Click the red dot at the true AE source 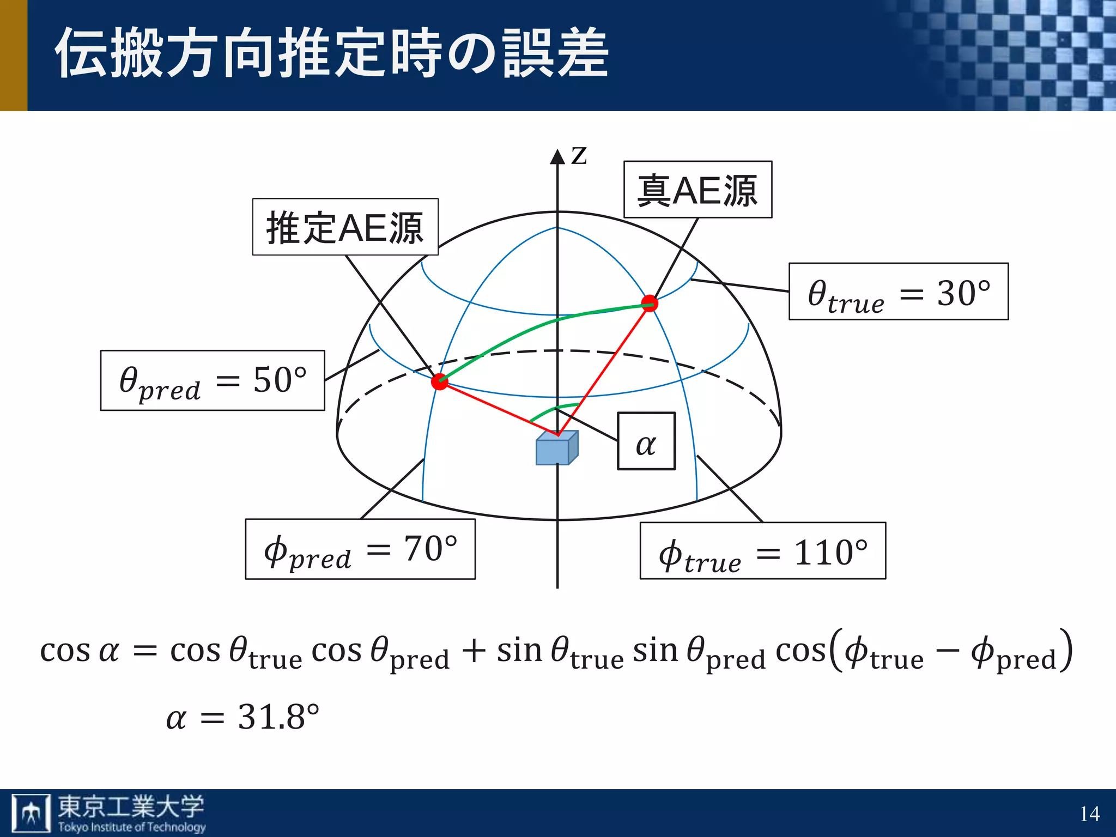649,303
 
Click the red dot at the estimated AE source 440,381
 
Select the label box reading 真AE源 697,190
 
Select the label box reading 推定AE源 345,227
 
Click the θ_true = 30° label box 898,292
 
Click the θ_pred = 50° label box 213,380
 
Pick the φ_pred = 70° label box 360,549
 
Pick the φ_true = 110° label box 762,551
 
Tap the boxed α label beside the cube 646,441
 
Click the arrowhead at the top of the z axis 557,156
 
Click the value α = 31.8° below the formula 242,717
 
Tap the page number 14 1089,814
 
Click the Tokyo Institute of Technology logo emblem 32,813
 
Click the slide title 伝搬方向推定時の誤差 331,53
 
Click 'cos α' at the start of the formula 80,651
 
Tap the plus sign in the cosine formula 473,651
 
